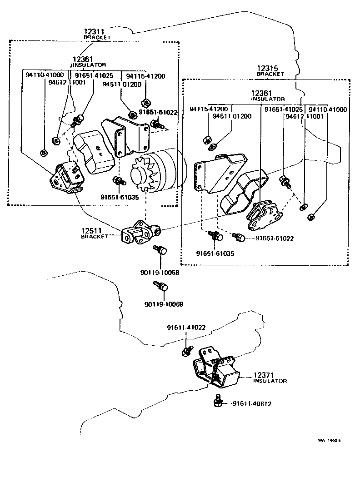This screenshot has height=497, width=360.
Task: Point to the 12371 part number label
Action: pyautogui.click(x=264, y=375)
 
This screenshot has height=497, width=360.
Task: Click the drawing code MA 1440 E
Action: pyautogui.click(x=330, y=440)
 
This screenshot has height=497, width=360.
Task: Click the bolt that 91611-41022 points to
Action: pyautogui.click(x=186, y=351)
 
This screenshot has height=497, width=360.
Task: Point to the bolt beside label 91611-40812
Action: pyautogui.click(x=218, y=401)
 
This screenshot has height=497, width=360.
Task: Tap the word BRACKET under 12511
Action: pyautogui.click(x=95, y=237)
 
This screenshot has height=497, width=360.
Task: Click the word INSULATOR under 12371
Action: pyautogui.click(x=270, y=381)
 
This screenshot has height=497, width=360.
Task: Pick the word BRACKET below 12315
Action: pyautogui.click(x=270, y=74)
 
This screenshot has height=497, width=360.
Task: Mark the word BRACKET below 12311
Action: pyautogui.click(x=97, y=38)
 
